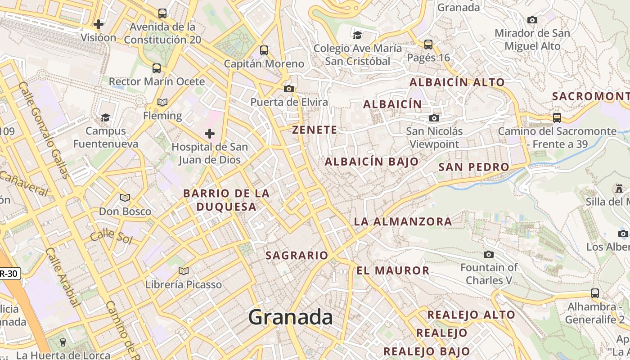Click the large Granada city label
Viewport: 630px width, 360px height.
point(290,317)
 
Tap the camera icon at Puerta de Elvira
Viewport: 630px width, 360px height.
point(289,89)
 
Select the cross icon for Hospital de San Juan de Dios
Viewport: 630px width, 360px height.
point(210,133)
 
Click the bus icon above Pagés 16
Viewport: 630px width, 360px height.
point(428,44)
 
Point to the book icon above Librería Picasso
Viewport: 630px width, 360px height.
point(183,271)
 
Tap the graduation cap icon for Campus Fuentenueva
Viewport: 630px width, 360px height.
point(105,117)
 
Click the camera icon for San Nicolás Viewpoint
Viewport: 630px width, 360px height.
point(434,118)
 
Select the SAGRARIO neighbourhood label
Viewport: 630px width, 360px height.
point(297,256)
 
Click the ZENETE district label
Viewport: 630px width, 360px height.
point(315,130)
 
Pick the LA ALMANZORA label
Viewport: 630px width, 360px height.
point(403,221)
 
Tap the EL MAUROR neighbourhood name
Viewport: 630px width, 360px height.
point(393,270)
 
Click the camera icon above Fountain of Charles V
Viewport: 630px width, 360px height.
point(489,254)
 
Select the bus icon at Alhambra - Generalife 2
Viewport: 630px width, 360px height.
point(595,293)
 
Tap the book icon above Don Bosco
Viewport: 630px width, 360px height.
point(125,198)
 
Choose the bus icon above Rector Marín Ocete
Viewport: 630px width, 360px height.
point(157,68)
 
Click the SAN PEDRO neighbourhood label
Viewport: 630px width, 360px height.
point(474,167)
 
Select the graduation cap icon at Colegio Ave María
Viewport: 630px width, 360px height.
point(357,35)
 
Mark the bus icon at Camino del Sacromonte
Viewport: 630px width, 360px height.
point(557,118)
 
